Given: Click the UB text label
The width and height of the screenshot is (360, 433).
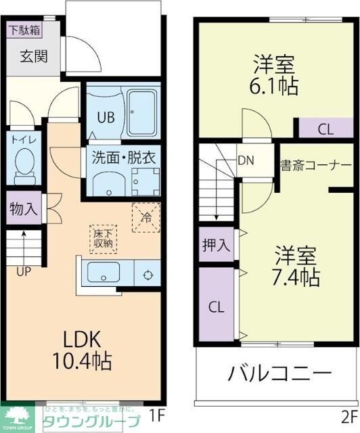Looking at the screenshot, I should point(104,116).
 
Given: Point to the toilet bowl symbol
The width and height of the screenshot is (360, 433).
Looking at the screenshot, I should point(26,166).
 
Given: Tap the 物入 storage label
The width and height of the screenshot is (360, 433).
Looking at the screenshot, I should point(24,209).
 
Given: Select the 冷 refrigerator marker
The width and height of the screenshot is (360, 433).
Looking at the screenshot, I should point(145,217).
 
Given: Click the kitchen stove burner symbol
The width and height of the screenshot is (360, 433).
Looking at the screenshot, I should point(146,275).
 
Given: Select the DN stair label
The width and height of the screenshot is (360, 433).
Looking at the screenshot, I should point(246,161).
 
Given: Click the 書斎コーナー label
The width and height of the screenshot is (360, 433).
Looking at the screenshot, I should point(316,165).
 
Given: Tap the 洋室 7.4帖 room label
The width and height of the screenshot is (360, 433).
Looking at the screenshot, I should point(296,267).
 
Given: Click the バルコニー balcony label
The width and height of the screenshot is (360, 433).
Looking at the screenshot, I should point(279,373).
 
